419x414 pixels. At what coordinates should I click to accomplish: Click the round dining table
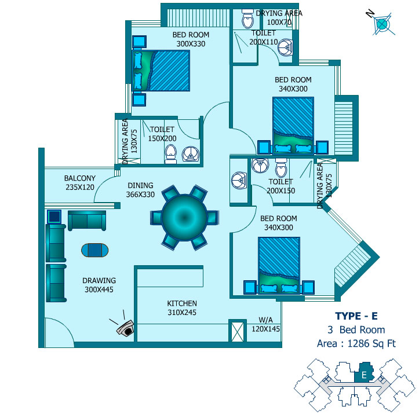point(184,218)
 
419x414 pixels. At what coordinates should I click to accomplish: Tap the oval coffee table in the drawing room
point(95,250)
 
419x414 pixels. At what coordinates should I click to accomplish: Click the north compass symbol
point(381,24)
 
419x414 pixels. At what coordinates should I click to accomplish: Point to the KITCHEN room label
point(182,303)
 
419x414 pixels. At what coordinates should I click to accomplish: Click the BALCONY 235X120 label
point(80,182)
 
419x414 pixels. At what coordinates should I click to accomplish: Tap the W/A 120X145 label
point(265,324)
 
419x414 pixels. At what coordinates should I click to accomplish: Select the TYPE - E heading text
point(356,316)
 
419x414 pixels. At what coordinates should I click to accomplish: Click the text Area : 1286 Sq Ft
point(356,343)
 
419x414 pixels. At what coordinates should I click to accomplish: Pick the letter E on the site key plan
point(364,375)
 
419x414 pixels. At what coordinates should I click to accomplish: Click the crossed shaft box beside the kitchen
point(238,331)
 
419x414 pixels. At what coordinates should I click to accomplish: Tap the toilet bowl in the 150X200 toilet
point(170,154)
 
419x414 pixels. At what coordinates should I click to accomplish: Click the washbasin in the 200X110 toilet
point(285,47)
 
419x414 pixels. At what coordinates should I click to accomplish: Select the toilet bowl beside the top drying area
point(247,19)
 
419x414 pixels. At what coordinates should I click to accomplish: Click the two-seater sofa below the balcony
point(87,220)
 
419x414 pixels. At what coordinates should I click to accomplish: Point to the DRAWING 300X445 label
point(99,285)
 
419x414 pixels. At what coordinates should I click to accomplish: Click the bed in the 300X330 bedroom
point(161,71)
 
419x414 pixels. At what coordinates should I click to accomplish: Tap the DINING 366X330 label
point(140,190)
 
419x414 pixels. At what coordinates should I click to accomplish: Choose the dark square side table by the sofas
point(54,217)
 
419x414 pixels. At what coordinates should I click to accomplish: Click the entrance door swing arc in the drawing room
point(60,332)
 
